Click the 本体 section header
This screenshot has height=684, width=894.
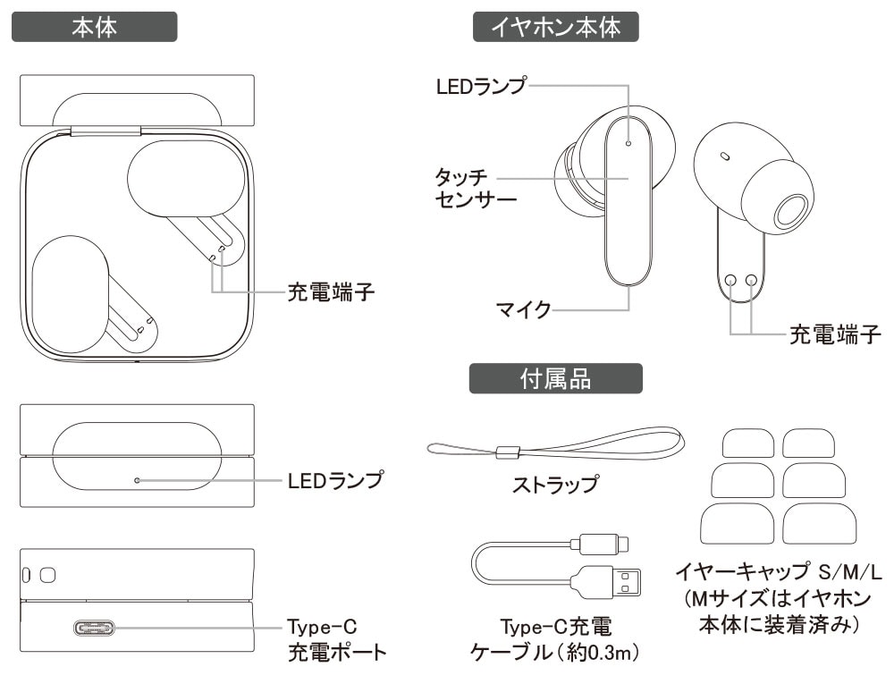[x=94, y=27]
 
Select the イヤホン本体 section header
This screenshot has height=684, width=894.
[x=556, y=27]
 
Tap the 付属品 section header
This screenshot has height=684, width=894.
[x=556, y=378]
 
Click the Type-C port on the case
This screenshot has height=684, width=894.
[x=95, y=626]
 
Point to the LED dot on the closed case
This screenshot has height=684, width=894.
[x=136, y=481]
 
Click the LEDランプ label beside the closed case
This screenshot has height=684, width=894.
[x=335, y=481]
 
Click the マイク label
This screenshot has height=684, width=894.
[x=523, y=311]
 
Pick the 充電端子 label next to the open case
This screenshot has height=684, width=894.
[x=329, y=291]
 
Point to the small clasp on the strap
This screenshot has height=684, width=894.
[x=508, y=451]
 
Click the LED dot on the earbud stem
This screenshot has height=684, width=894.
[x=628, y=142]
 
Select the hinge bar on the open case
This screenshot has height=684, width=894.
[x=105, y=131]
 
